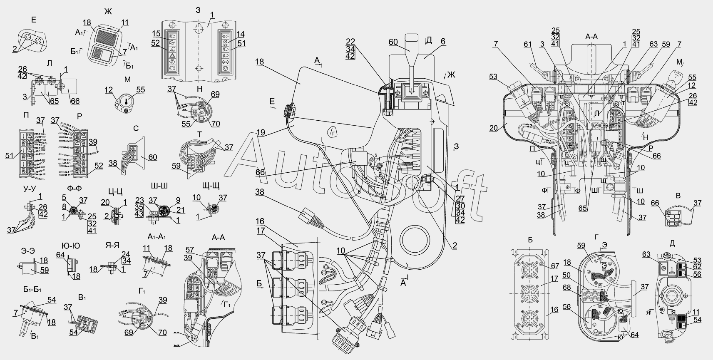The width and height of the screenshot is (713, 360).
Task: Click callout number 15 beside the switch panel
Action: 156,33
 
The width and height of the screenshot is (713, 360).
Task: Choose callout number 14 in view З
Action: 240,34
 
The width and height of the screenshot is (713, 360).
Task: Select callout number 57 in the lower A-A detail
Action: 190,250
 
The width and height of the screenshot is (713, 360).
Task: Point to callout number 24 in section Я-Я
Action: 125,254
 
